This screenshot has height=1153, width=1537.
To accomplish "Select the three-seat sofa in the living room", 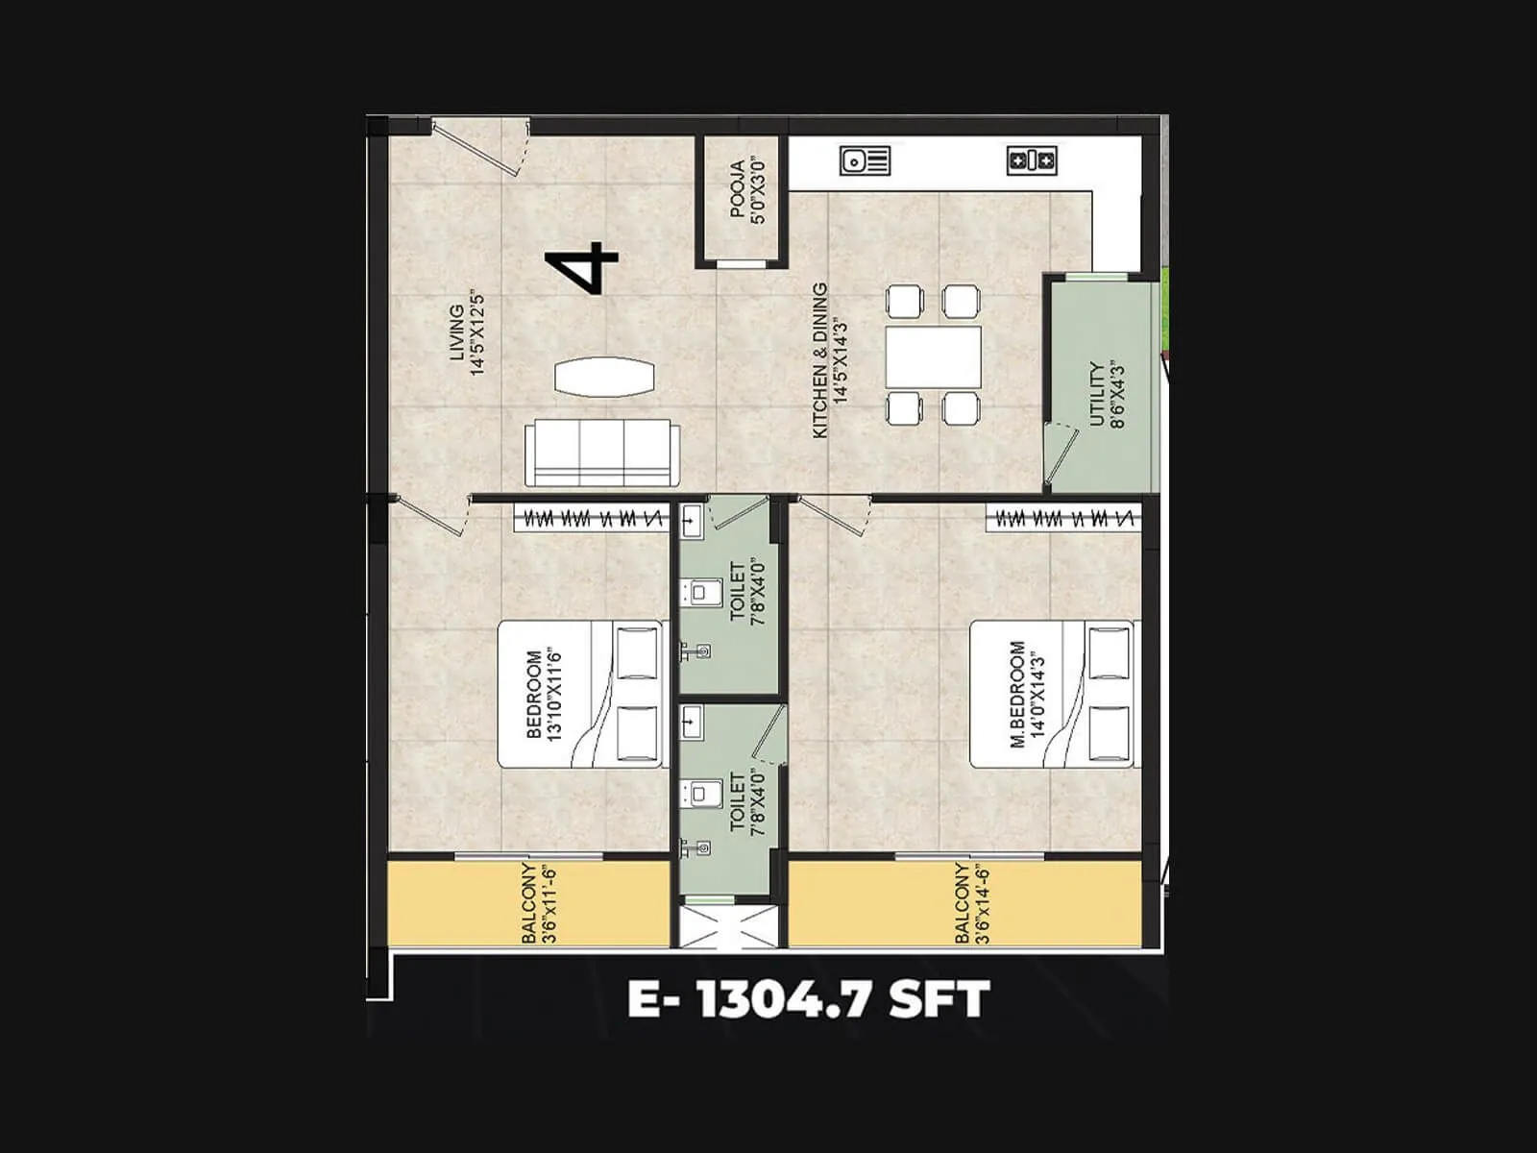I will pyautogui.click(x=601, y=453).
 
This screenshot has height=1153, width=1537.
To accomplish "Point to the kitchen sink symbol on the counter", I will pyautogui.click(x=866, y=160).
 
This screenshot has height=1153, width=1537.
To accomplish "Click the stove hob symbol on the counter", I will pyautogui.click(x=1032, y=160).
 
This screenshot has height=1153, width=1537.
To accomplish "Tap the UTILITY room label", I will pyautogui.click(x=1105, y=394).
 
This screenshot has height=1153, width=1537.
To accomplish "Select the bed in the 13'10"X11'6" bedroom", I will pyautogui.click(x=580, y=694).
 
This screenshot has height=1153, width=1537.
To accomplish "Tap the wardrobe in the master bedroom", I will pyautogui.click(x=1063, y=519).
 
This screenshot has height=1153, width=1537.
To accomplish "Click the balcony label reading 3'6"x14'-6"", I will pyautogui.click(x=971, y=903).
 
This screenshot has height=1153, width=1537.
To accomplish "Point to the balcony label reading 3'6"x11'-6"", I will pyautogui.click(x=538, y=903).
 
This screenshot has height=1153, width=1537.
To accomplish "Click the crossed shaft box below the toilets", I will pyautogui.click(x=726, y=924).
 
